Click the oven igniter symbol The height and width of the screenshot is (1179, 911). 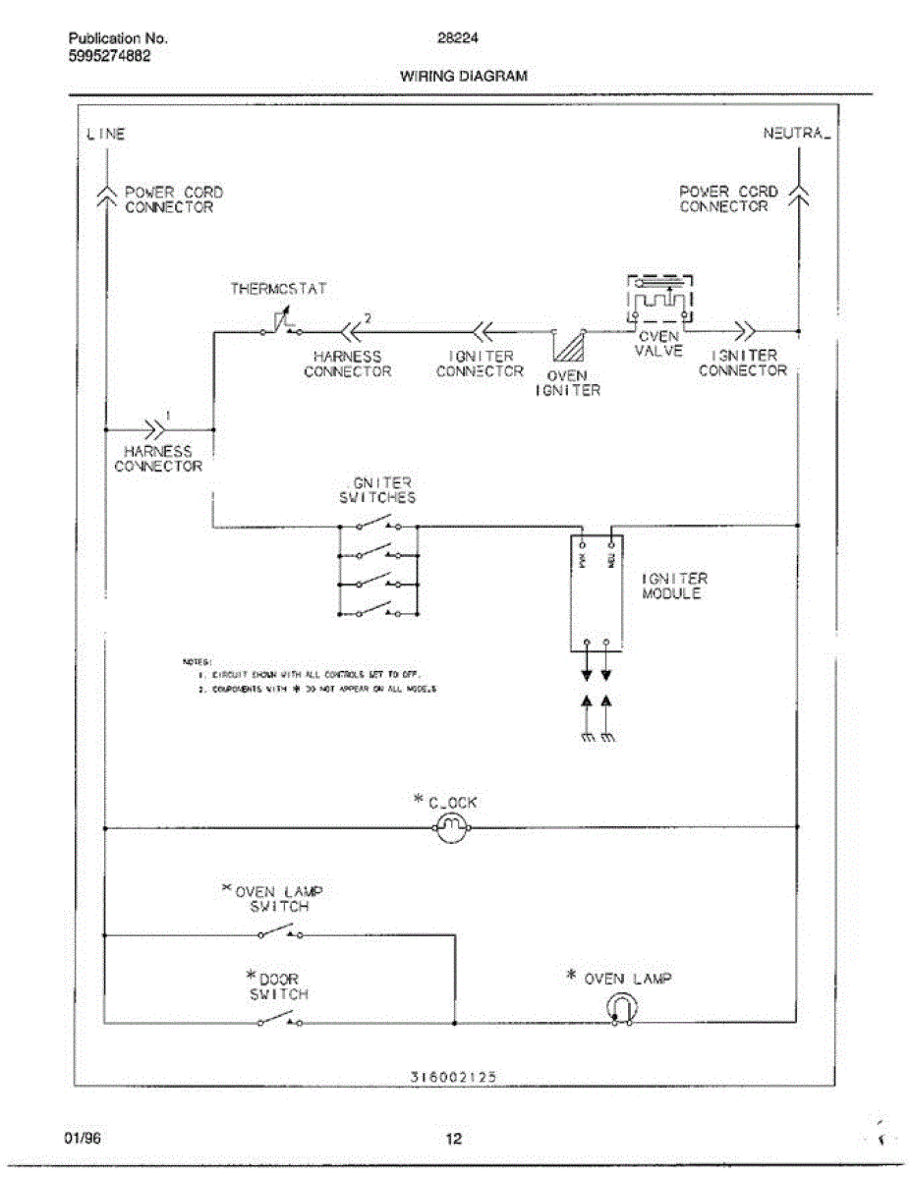click(x=569, y=347)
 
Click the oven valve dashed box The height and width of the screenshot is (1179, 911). click(x=659, y=299)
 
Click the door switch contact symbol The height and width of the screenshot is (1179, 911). click(x=280, y=1022)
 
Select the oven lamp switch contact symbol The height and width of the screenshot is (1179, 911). click(x=280, y=931)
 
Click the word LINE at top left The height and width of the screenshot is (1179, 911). click(x=106, y=135)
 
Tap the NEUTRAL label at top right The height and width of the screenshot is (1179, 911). click(x=797, y=134)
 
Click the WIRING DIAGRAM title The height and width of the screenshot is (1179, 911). click(x=463, y=76)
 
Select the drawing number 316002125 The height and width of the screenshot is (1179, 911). click(x=453, y=1076)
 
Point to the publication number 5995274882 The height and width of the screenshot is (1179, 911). click(x=110, y=55)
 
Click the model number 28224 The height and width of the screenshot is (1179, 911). click(x=451, y=39)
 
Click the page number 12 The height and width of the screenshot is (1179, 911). click(x=453, y=1139)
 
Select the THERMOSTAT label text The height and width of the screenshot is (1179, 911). click(x=278, y=289)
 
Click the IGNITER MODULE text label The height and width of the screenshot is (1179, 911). click(x=674, y=587)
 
